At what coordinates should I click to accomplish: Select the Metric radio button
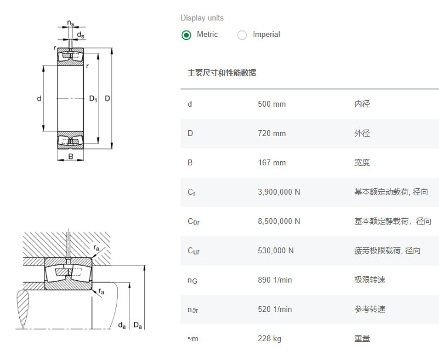186,35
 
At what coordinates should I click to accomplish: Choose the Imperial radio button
242,35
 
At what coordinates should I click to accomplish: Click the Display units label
202,18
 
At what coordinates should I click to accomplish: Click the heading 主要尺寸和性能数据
222,73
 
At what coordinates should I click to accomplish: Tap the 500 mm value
271,104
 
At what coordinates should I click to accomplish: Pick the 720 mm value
271,134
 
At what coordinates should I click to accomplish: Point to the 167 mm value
271,163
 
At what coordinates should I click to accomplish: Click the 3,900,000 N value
278,192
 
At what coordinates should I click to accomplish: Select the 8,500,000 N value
278,222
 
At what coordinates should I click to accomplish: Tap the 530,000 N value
275,251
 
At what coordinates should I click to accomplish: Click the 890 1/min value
274,280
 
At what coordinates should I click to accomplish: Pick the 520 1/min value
274,310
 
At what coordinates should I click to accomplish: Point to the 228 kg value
269,339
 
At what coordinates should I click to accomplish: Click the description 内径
362,104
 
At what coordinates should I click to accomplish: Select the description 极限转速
370,280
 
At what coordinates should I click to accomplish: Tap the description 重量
362,339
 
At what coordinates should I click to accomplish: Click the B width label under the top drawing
70,157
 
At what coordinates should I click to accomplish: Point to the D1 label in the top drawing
93,99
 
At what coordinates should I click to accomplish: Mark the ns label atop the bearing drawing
71,23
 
